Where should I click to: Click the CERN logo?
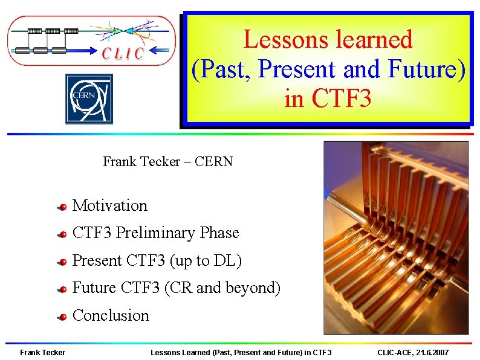89,99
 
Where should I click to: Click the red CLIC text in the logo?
123,54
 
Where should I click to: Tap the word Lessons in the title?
278,40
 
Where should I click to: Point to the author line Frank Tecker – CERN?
167,161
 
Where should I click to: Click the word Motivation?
109,205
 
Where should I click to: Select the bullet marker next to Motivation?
62,207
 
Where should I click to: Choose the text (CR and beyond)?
222,288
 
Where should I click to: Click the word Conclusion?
111,315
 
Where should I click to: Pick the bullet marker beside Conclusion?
62,317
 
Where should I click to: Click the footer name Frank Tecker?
42,352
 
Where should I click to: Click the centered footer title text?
241,352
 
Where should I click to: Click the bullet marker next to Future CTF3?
62,290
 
